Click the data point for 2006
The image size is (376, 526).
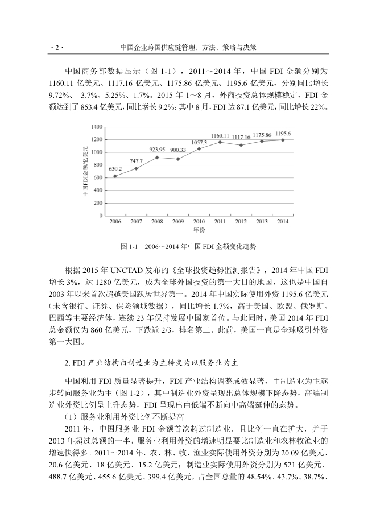pos(115,176)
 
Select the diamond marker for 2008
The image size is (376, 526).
pos(157,157)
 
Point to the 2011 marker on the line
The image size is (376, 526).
pos(220,142)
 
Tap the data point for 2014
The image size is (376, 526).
pos(283,139)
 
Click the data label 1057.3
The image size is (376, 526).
pos(199,142)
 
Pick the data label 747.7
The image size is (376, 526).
pos(137,161)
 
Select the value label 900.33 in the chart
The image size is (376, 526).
pos(179,150)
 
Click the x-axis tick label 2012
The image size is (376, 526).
pos(241,221)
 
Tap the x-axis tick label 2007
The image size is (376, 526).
pos(136,221)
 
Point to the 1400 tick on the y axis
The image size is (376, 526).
pos(97,126)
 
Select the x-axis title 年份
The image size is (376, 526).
pos(199,230)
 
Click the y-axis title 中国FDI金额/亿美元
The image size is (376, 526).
pos(84,171)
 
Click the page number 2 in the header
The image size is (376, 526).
pos(56,48)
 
